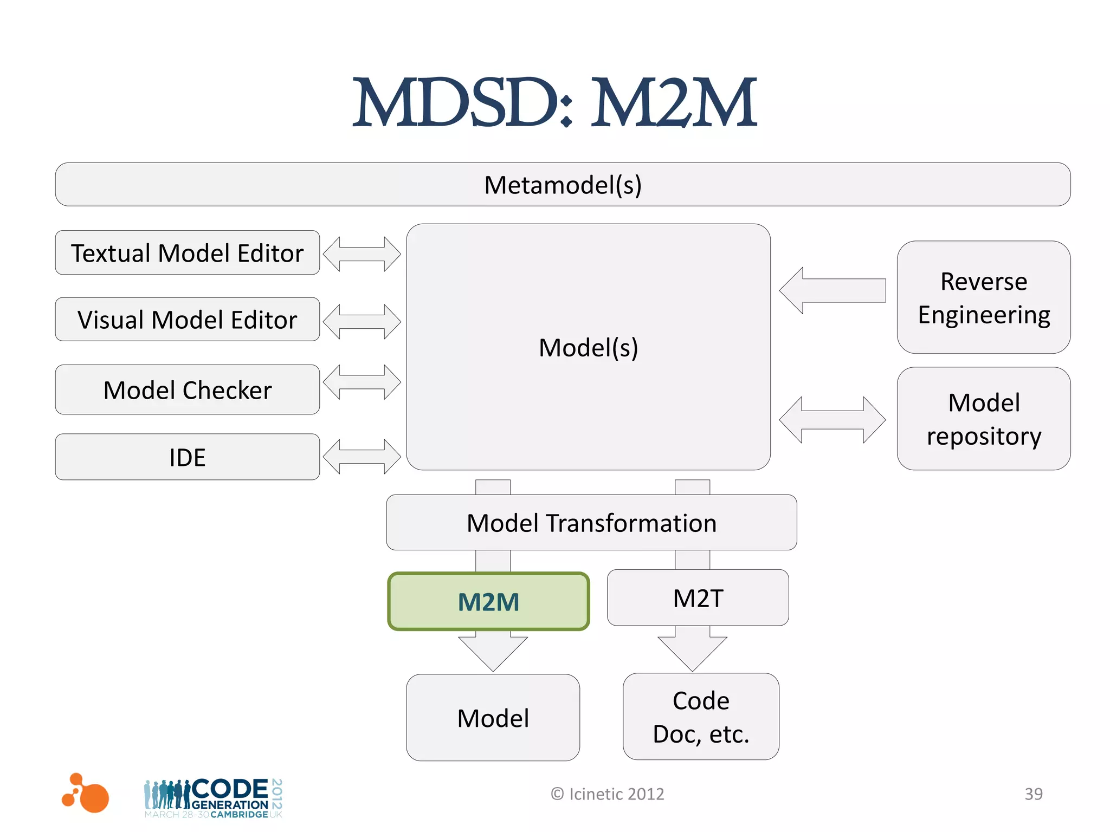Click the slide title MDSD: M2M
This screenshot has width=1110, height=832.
coord(554,103)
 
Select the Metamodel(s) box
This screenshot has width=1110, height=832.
coord(563,185)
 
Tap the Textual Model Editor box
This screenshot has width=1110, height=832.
coord(187,253)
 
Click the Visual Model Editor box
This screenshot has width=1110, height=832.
coord(187,320)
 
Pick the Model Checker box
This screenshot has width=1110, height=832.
coord(187,390)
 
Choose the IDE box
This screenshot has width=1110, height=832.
coord(187,457)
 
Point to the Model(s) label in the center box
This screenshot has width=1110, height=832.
coord(588,347)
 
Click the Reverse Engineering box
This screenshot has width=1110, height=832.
coord(983,298)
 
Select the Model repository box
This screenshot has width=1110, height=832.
coord(983,419)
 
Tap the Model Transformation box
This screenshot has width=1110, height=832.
coord(591,523)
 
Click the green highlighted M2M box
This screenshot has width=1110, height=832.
coord(488,602)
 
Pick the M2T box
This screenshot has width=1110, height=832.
coord(698,598)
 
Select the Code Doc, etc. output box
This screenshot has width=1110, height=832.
coord(701,717)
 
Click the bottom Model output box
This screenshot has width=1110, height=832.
coord(493,718)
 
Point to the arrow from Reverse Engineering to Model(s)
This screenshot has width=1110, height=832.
coord(832,291)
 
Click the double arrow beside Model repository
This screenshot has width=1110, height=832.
coord(832,420)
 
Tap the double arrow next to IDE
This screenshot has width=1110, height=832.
coord(362,457)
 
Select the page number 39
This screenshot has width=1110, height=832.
coord(1033,794)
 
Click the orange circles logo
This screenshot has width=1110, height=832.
coord(87,794)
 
